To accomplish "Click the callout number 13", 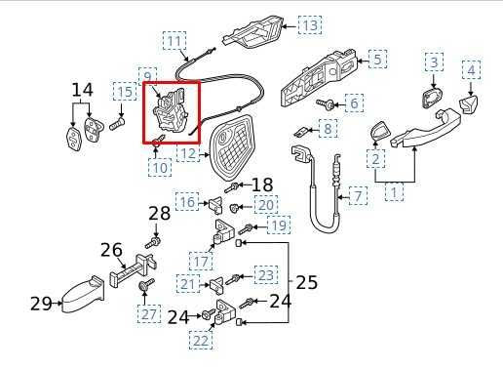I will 309,24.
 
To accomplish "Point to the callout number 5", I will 375,59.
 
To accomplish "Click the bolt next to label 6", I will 326,102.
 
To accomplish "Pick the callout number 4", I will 471,70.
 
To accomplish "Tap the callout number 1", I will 395,194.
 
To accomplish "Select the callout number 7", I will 358,196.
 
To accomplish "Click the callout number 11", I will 174,41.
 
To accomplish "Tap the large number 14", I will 84,91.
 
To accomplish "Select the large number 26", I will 111,250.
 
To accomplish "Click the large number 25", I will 306,282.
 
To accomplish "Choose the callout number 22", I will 202,341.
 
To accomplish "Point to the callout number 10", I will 160,168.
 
